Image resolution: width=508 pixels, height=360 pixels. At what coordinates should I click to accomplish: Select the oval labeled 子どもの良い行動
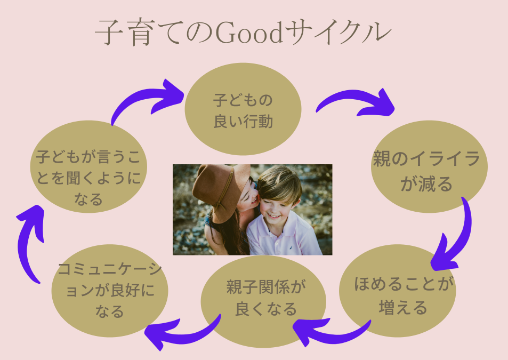(x=243, y=109)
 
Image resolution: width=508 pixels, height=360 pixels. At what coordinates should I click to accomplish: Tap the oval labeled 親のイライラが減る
(x=429, y=166)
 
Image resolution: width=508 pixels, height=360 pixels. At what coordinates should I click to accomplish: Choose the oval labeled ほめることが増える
(x=398, y=291)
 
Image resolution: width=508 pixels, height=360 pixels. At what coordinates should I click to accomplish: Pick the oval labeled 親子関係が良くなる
(x=263, y=302)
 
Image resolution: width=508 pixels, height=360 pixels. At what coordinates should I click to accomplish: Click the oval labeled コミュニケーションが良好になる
(x=110, y=291)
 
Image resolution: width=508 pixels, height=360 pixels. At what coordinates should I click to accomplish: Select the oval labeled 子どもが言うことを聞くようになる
(x=89, y=166)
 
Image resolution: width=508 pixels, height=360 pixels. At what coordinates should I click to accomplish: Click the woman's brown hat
(x=220, y=191)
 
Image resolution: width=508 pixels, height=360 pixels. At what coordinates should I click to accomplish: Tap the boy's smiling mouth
(x=274, y=216)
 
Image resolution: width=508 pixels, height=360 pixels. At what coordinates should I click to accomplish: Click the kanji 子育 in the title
(x=124, y=33)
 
